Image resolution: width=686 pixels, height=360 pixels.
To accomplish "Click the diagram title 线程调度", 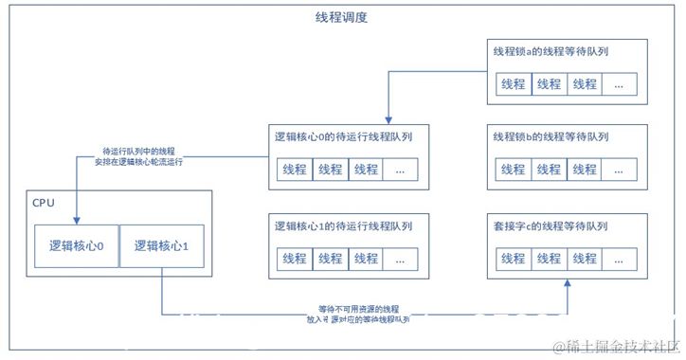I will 341,18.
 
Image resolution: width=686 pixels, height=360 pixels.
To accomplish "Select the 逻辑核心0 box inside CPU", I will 76,246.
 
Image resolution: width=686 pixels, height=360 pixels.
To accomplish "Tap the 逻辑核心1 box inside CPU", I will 162,246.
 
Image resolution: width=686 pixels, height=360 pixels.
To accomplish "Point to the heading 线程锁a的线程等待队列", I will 551,51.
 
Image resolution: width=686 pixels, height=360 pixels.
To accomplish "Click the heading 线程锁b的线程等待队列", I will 551,137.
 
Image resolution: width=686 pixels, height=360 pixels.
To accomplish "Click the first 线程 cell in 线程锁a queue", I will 513,83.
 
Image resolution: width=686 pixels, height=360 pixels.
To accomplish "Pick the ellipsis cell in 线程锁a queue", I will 618,83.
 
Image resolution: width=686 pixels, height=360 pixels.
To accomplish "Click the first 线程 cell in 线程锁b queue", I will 513,171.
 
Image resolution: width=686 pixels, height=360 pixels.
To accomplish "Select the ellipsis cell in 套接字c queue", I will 618,258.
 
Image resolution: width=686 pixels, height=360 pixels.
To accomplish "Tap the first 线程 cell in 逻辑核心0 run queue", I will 294,171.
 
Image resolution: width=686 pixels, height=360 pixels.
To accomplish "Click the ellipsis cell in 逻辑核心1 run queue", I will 399,258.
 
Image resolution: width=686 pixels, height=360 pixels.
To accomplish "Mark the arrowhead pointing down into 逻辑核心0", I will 76,220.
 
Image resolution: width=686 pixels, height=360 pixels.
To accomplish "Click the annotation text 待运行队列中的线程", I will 139,151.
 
